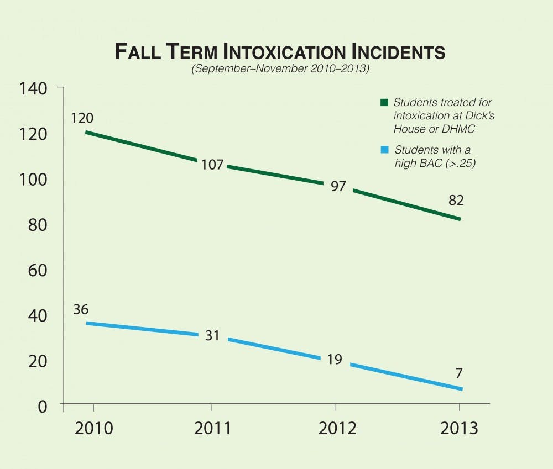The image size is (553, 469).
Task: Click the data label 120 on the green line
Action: point(82,118)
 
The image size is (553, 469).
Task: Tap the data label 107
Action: point(212,164)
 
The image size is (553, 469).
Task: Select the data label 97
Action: point(338,186)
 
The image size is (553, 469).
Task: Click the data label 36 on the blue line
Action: point(81,309)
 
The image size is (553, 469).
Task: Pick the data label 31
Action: point(212,335)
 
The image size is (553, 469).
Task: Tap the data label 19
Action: point(334,360)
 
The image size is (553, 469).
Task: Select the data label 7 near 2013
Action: point(459,373)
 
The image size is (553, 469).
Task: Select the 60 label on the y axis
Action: point(39,270)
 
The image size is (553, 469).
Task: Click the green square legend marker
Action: point(384,103)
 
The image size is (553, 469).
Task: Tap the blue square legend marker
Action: point(384,150)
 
